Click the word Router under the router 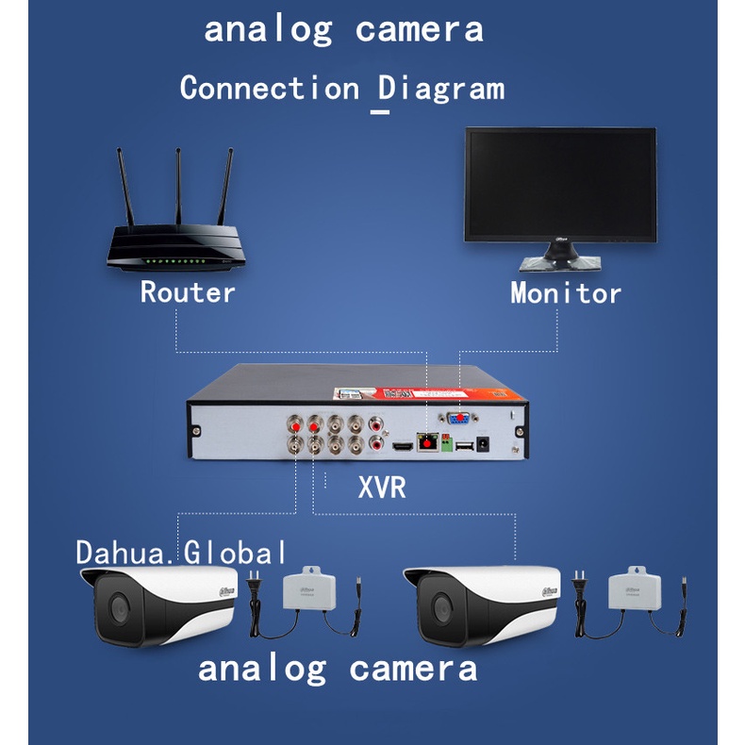point(188,292)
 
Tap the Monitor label point(566,292)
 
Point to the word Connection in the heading point(270,89)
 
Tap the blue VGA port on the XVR point(460,422)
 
